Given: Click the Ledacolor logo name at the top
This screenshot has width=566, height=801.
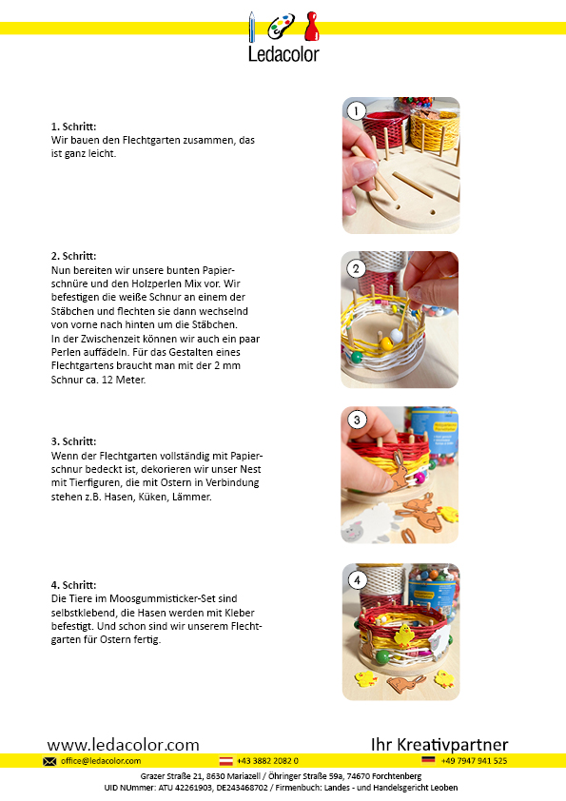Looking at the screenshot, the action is click(x=283, y=53).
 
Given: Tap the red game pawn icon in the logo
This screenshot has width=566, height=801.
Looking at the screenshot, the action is click(x=311, y=27).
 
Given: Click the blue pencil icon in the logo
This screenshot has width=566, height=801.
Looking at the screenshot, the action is click(x=251, y=27).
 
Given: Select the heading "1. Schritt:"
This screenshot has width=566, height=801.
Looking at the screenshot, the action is click(x=73, y=127).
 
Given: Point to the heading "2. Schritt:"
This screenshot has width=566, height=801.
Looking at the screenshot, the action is click(x=73, y=256).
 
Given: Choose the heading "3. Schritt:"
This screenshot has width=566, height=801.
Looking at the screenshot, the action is click(x=73, y=441).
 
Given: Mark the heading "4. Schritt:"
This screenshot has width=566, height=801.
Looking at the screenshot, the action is click(x=73, y=585).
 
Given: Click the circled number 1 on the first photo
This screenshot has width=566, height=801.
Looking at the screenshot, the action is click(x=356, y=110).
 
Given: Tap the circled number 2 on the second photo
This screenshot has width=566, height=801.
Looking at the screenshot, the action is click(x=356, y=268).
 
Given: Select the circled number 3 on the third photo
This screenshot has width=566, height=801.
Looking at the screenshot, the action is click(x=357, y=420).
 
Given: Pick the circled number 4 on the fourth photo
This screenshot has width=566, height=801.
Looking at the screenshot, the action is click(x=357, y=580).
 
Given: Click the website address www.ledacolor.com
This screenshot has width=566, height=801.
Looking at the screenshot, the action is click(x=123, y=745).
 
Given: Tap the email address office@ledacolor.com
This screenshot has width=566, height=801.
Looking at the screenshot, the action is click(x=101, y=761).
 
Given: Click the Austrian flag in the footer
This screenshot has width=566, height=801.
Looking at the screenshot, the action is click(x=225, y=761).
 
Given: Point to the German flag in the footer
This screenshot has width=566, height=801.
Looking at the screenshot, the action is click(x=428, y=760).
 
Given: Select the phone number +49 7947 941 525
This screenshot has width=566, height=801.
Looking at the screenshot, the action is click(x=474, y=761).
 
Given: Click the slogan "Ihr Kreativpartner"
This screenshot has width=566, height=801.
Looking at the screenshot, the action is click(x=439, y=745).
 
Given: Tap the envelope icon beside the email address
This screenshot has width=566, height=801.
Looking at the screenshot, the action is click(x=49, y=761).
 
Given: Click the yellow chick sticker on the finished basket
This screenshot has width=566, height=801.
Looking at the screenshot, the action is click(x=403, y=635).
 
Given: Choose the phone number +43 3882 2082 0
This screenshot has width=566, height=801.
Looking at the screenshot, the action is click(x=267, y=761).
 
